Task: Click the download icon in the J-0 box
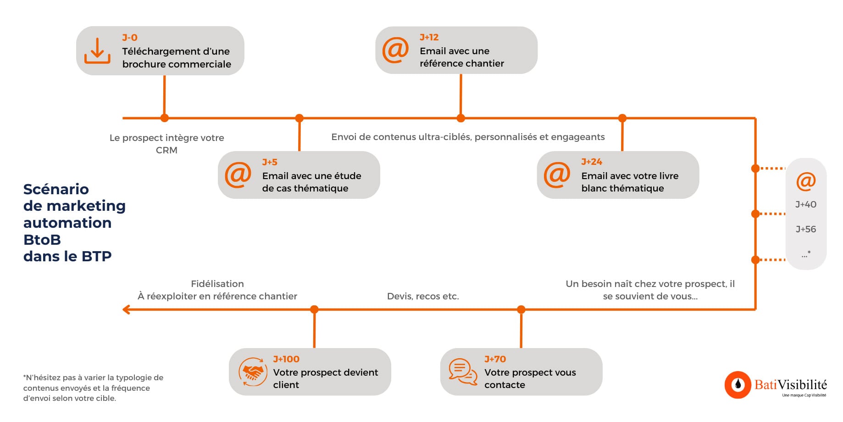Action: [97, 51]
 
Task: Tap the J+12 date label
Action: [429, 37]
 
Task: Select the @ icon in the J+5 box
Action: [238, 175]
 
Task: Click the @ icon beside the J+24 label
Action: [557, 175]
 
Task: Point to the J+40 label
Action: [806, 204]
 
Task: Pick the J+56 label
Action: [806, 229]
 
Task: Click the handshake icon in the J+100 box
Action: [253, 371]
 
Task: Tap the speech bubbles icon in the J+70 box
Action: [463, 371]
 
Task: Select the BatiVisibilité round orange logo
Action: [738, 384]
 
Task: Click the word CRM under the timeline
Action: [166, 150]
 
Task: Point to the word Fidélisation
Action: [217, 284]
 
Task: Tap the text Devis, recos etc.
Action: [423, 296]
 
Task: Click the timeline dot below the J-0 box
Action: [165, 118]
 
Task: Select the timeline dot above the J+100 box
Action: [314, 309]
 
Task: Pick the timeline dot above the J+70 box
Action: [521, 309]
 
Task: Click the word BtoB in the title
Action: [42, 240]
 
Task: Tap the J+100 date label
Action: [286, 359]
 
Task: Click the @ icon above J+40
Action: [806, 181]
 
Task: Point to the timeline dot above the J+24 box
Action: [622, 118]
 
